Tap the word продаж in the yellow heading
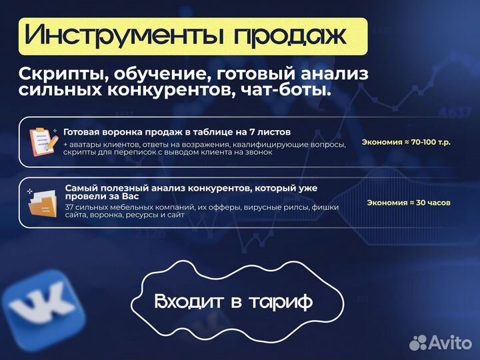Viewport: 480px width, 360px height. pyautogui.click(x=291, y=35)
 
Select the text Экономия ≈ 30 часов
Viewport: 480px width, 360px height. pyautogui.click(x=409, y=202)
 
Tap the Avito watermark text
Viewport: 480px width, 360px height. pyautogui.click(x=450, y=343)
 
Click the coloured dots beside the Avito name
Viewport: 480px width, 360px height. pyautogui.click(x=419, y=342)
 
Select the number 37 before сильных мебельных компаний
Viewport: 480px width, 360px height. pyautogui.click(x=69, y=207)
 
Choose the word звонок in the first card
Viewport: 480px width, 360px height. pyautogui.click(x=257, y=153)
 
